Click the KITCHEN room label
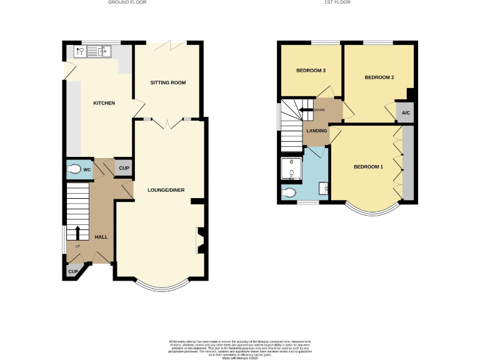tap(104, 103)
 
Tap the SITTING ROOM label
tap(168, 82)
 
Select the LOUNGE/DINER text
tap(166, 189)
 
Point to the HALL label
tap(101, 237)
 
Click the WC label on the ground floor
tap(88, 169)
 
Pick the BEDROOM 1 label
tap(368, 167)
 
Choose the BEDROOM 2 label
tap(379, 77)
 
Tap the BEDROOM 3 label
tap(311, 71)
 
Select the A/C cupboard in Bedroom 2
tap(406, 112)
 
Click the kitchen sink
tap(98, 51)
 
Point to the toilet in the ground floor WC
tap(74, 169)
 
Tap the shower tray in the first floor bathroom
tap(291, 167)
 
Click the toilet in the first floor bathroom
tap(289, 194)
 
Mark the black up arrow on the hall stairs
tap(77, 232)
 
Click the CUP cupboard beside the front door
tap(73, 272)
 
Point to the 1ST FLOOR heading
tap(337, 2)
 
